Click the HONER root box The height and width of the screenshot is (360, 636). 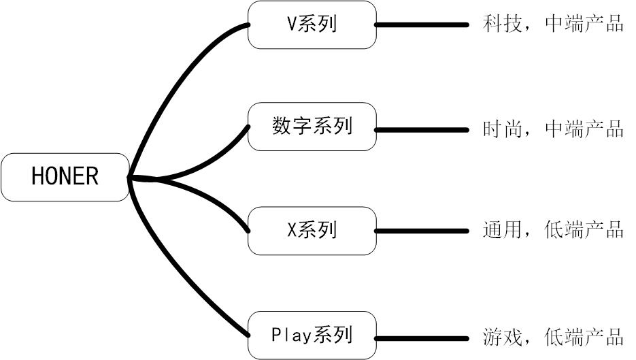click(65, 177)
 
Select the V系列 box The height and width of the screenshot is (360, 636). click(312, 24)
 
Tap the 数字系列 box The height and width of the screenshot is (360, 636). click(312, 127)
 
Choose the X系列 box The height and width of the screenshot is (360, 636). click(312, 231)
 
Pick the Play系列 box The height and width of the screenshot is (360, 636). click(312, 335)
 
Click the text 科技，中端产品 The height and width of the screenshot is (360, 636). click(552, 24)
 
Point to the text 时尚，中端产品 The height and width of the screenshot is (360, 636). click(552, 129)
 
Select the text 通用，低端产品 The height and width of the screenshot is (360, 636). click(552, 231)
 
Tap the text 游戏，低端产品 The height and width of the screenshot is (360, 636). click(552, 336)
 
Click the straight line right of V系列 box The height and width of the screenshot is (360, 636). click(422, 24)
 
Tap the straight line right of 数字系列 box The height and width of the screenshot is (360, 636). click(422, 129)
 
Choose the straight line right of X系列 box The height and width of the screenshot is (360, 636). click(422, 231)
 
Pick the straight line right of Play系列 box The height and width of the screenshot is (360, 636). click(422, 337)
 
